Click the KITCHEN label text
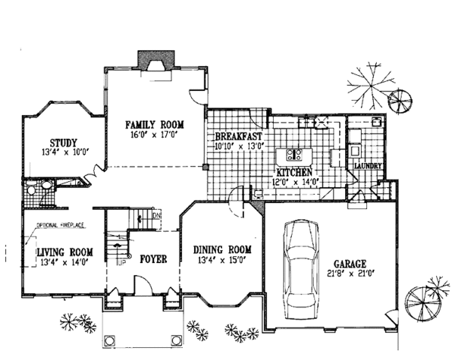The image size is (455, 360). coord(282,173)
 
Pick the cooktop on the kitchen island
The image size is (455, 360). coord(297,156)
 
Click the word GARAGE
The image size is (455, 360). coord(351,261)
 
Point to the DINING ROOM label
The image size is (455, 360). coord(222,250)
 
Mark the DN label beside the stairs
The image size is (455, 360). coord(156,217)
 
